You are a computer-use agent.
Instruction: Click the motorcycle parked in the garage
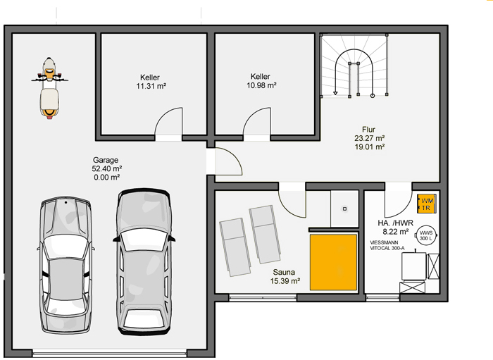pos(49,88)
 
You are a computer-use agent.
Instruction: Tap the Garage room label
pos(106,160)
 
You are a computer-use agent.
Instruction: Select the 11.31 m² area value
pos(151,86)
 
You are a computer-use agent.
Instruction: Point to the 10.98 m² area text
pos(261,85)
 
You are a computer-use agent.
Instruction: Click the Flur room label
pos(368,130)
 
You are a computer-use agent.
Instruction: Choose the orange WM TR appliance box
pos(427,204)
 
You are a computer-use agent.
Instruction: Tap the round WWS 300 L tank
pos(426,235)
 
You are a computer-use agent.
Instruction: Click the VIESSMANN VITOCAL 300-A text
pos(387,245)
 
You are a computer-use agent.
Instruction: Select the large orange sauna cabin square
pos(333,262)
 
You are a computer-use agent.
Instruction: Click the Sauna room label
pos(284,272)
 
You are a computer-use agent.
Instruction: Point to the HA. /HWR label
pos(395,223)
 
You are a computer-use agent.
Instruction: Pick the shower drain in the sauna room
pos(344,209)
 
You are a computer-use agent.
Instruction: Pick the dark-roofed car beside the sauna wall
pos(144,261)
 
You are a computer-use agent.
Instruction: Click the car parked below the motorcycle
pos(66,265)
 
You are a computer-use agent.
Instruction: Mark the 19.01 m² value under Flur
pos(370,147)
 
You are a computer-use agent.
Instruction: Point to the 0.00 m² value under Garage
pos(107,178)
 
